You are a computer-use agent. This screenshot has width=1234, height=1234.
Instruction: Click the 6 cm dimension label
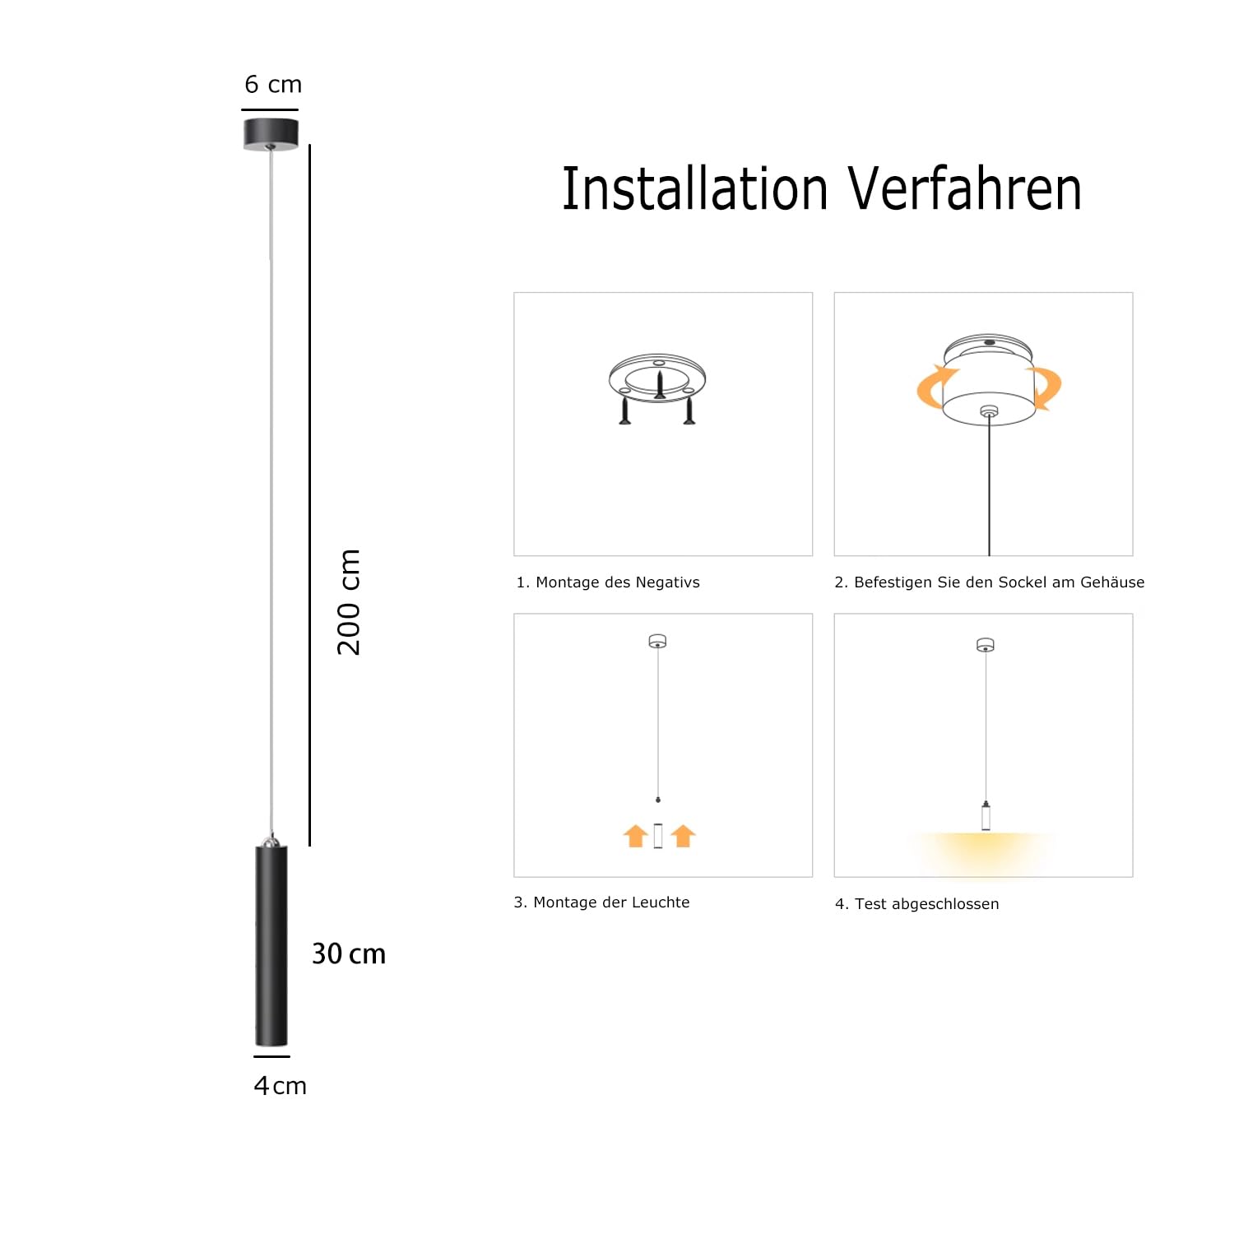pos(273,85)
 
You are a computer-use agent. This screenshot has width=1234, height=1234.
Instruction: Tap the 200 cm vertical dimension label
pos(350,602)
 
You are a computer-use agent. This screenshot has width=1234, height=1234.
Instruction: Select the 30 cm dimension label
pos(349,954)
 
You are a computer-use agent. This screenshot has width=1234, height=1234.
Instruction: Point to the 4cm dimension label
pos(280,1086)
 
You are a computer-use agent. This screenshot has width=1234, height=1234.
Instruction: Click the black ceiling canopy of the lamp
pos(271,134)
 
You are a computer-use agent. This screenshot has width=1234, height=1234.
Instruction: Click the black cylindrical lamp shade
pos(271,946)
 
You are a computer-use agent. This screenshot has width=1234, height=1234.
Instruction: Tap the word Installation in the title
pos(694,189)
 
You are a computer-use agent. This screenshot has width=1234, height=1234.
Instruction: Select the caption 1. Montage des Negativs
pos(608,582)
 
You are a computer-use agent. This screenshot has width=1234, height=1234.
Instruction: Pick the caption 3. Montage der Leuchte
pos(602,902)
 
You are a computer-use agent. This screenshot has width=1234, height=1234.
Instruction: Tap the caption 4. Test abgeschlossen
pos(917,904)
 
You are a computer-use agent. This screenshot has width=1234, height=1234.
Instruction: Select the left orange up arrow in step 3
pos(636,836)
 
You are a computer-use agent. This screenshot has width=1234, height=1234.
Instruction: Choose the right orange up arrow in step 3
pos(683,836)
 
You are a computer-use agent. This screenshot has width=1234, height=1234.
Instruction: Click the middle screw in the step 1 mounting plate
pos(659,385)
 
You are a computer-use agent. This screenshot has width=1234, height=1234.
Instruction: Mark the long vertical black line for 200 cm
pos(310,494)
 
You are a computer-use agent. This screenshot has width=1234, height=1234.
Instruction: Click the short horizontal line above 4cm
pos(271,1056)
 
